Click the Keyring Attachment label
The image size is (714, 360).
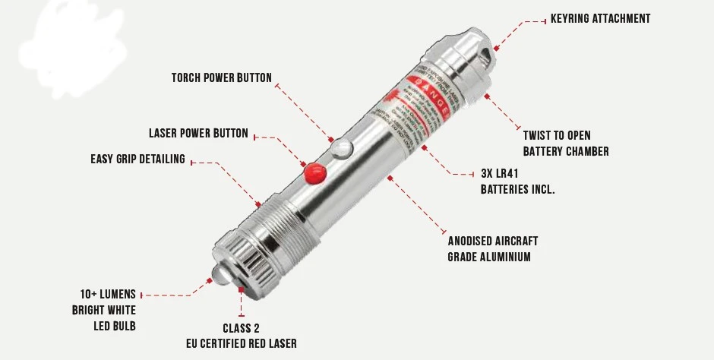pos(600,18)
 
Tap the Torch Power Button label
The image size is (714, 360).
pos(221,77)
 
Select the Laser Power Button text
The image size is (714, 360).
pos(198,134)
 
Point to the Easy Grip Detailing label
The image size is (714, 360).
pos(137,159)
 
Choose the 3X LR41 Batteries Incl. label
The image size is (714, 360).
pos(517,181)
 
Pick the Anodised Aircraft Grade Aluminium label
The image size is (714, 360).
pos(492,249)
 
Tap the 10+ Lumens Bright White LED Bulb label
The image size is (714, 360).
pos(104,310)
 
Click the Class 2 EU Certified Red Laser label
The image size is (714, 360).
pos(241,336)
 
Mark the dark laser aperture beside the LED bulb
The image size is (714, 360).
pos(241,288)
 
